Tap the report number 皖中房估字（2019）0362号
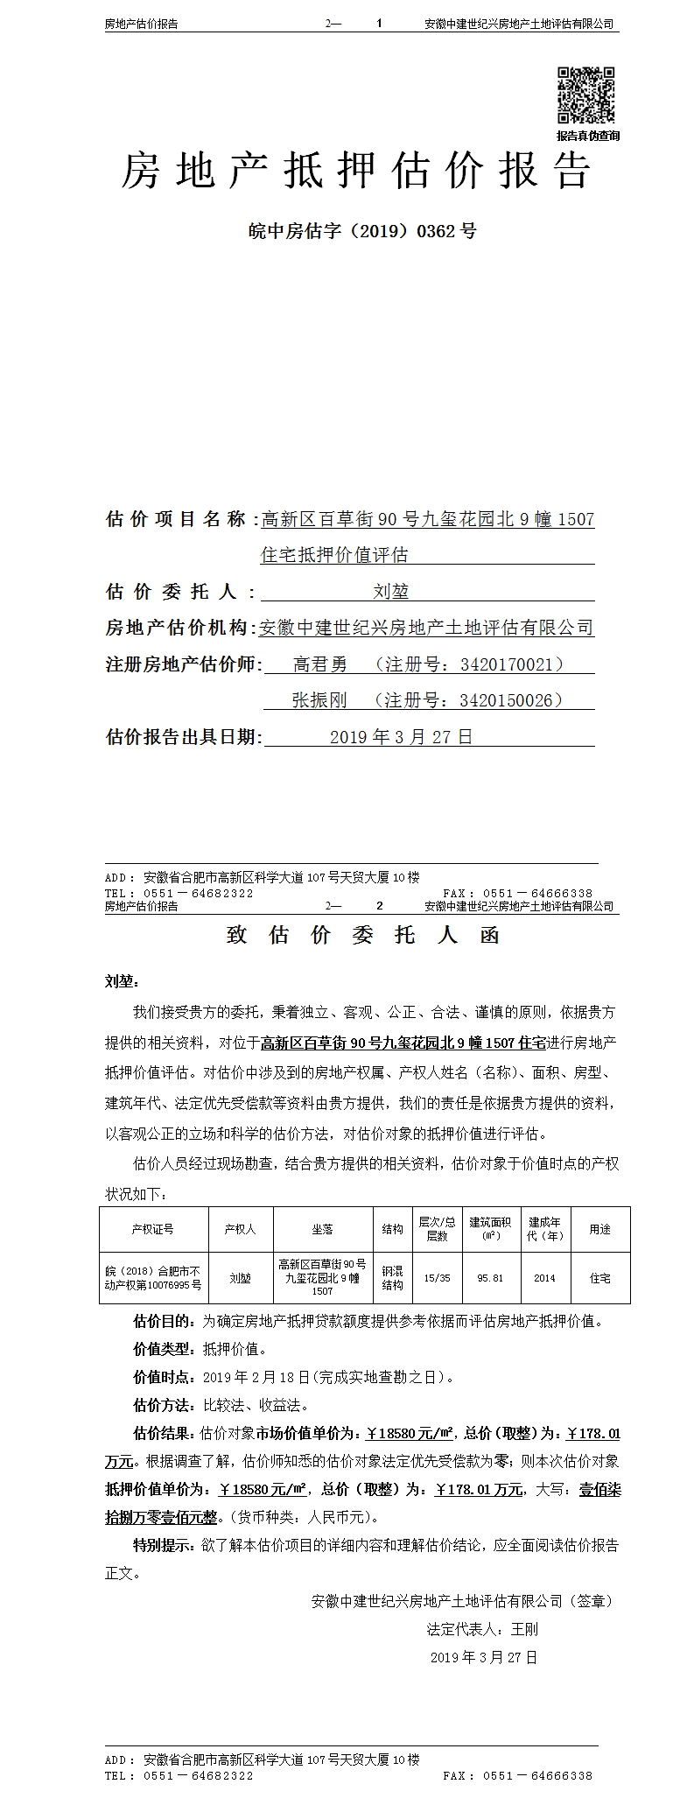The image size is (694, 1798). tap(362, 231)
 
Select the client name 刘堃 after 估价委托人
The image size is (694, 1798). tap(391, 592)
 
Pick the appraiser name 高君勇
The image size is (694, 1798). tap(319, 664)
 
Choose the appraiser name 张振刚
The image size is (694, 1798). tap(319, 700)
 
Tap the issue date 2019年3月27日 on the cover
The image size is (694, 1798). tap(401, 737)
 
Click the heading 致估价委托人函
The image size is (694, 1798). tap(362, 935)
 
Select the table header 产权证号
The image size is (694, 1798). tap(153, 1229)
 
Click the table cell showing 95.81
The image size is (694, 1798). tap(490, 1278)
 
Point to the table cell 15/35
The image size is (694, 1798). tap(437, 1278)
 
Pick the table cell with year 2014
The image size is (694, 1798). tap(544, 1278)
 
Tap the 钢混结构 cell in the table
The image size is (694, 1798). tap(392, 1278)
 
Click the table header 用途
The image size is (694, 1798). tap(600, 1229)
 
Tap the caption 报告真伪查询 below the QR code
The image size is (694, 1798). tap(588, 136)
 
